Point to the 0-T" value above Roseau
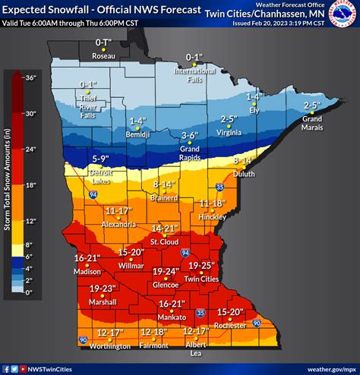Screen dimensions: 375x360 pos(103,45)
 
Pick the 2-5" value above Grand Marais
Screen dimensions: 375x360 pos(311,106)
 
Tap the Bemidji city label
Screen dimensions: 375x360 pos(137,133)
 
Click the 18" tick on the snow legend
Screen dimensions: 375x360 pos(31,184)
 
